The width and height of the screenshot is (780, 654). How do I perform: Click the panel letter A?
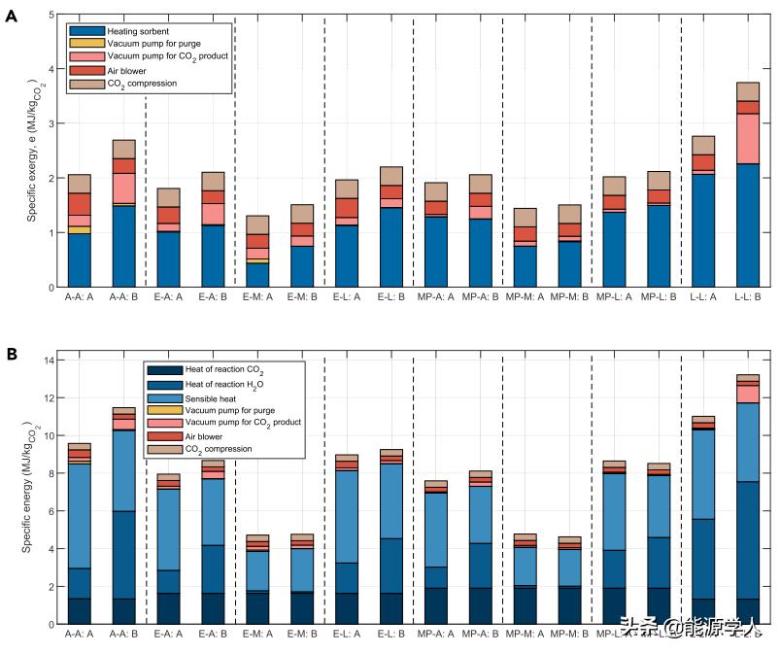point(12,17)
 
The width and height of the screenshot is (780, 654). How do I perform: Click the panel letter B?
point(12,355)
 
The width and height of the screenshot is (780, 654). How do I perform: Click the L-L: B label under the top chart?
point(747,298)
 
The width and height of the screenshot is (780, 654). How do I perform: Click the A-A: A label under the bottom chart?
point(79,635)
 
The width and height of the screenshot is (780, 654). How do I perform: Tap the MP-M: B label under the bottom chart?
point(568,635)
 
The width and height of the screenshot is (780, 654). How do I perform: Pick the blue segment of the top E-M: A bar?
point(257,275)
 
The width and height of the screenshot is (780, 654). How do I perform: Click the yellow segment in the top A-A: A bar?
point(79,229)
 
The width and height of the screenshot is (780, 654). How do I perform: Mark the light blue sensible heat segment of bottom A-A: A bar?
point(79,516)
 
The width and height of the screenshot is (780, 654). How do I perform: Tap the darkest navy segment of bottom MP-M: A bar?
point(525,605)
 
